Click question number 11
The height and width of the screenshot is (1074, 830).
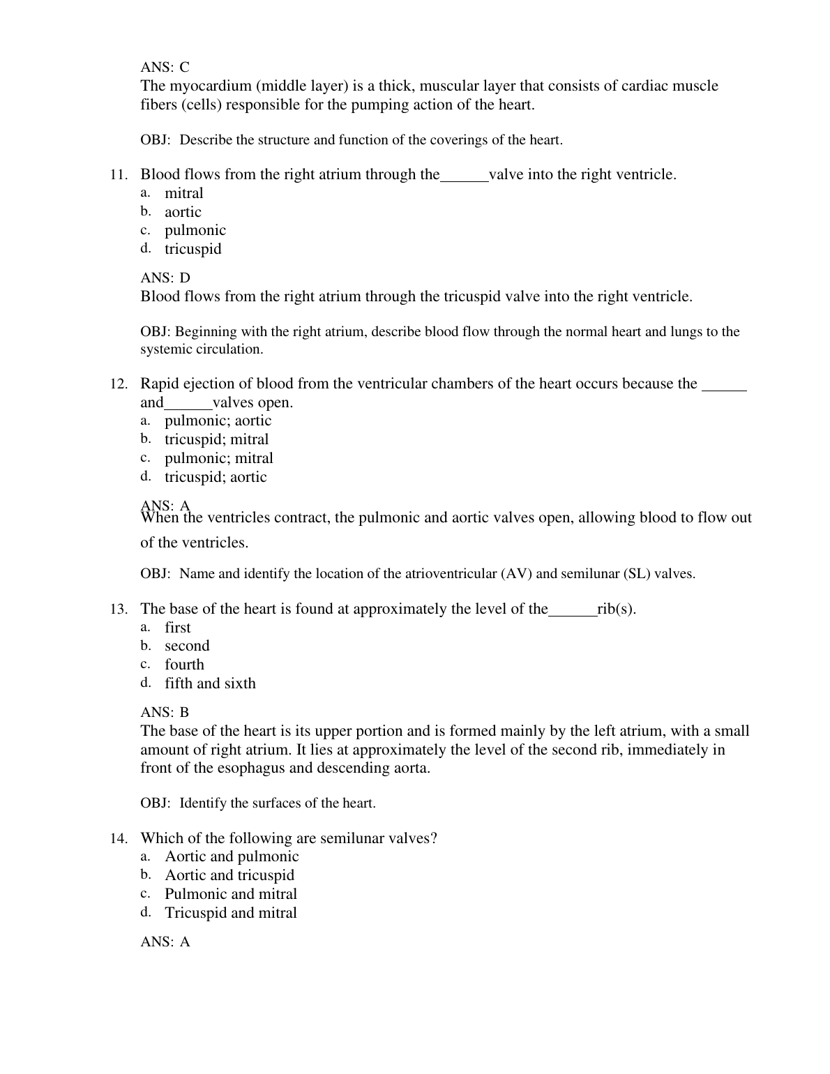118,175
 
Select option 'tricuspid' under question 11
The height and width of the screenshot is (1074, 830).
193,249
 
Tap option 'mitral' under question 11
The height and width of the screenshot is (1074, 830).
183,193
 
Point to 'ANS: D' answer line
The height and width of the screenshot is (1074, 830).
165,278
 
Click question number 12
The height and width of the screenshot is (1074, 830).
118,384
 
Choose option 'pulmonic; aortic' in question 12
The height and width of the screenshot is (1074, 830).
218,421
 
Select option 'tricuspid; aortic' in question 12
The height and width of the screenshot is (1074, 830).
216,477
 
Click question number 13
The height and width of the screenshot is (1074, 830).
118,610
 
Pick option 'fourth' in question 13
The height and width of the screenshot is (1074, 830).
184,665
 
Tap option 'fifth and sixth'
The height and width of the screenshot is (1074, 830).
210,683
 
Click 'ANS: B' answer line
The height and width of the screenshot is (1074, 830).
165,713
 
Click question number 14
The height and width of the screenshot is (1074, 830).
118,839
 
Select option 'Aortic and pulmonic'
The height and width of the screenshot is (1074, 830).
232,856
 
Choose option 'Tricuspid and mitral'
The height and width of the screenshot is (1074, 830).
231,913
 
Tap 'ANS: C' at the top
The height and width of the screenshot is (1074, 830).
165,68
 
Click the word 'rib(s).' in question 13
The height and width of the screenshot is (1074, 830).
617,609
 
